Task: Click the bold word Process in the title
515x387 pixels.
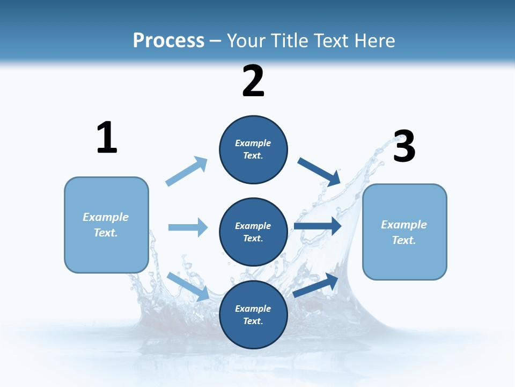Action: pos(168,40)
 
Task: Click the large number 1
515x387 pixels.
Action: pos(107,138)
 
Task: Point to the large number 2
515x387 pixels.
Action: pos(253,82)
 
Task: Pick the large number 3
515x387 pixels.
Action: pos(404,147)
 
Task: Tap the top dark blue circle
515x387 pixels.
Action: pos(253,149)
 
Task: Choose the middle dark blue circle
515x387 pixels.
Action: pos(253,232)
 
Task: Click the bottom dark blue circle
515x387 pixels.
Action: pos(253,314)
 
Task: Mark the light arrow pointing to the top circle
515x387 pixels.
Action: pos(187,171)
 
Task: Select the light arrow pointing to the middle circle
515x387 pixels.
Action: pos(188,227)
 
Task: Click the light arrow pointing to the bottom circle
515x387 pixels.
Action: pos(188,286)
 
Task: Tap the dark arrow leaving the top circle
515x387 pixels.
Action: pos(319,171)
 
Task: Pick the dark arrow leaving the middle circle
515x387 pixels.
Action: pos(318,226)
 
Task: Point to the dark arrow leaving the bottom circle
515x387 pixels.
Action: pos(315,285)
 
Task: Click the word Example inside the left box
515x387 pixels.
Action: pos(106,217)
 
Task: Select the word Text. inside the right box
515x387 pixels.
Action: pos(404,240)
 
